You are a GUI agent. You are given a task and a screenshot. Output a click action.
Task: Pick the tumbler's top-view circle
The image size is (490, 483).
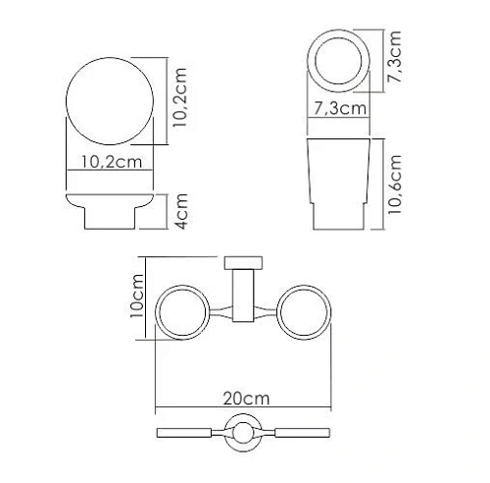tap(338, 57)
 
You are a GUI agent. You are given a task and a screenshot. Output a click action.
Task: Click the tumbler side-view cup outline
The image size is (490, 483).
tap(338, 182)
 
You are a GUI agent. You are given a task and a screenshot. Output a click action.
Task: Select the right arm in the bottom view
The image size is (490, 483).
tap(299, 432)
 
